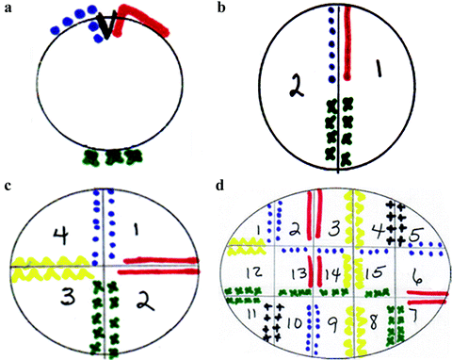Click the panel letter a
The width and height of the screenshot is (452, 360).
tap(8, 8)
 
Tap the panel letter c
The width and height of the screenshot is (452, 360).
tap(8, 186)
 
